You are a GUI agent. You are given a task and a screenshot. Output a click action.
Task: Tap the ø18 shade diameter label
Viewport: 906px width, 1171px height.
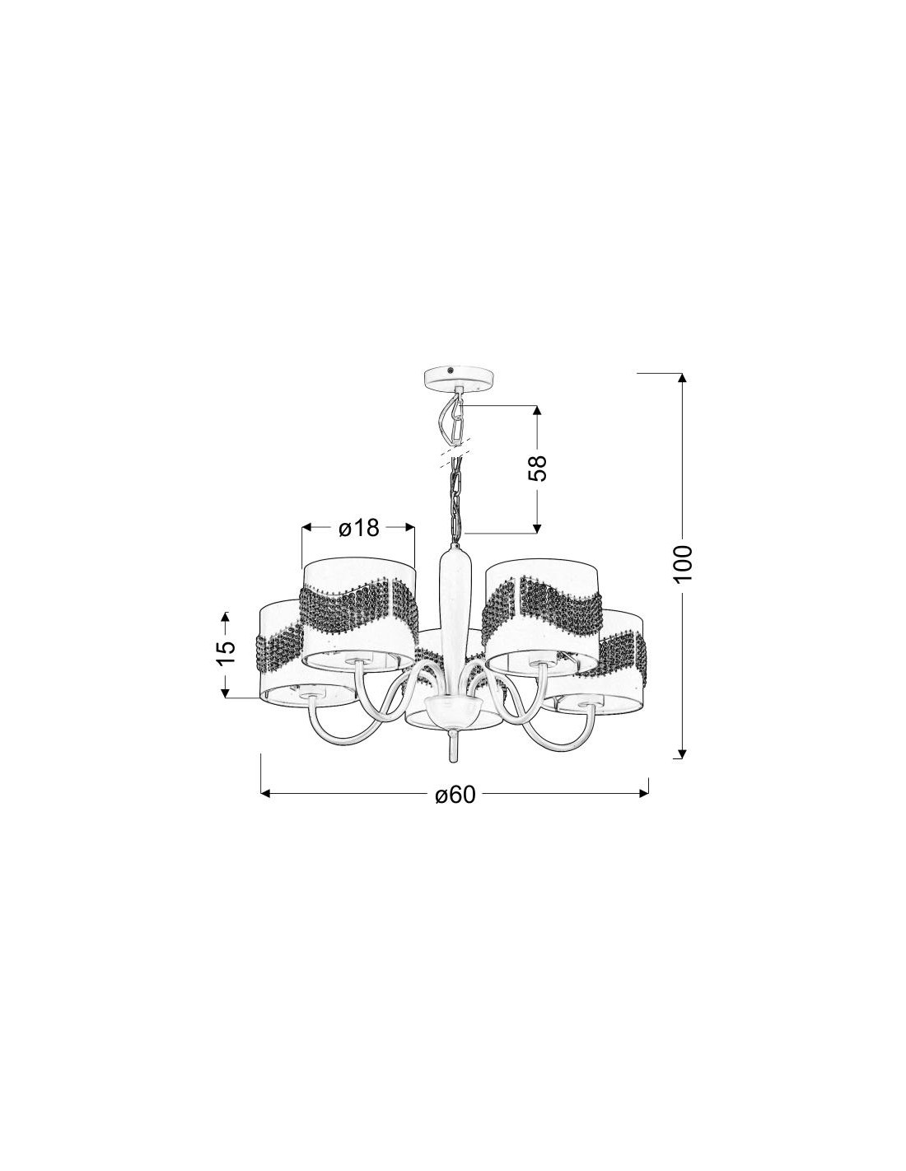(x=359, y=528)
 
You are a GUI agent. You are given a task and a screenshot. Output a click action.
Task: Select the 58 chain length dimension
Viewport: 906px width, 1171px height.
(x=537, y=468)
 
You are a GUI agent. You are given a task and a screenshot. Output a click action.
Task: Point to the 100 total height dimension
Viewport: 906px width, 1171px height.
(x=682, y=563)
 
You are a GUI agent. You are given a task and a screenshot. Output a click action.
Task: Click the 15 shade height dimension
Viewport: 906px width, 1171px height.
(x=226, y=654)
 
